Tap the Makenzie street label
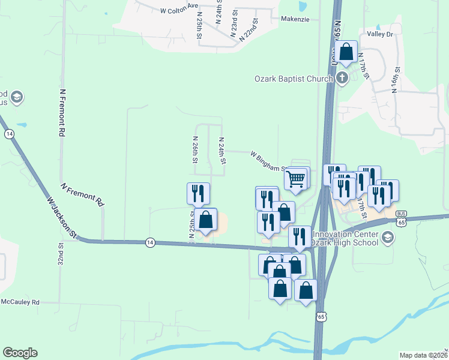[x=295, y=19]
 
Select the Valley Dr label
[x=379, y=35]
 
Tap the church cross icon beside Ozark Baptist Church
[x=342, y=78]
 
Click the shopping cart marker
[x=295, y=179]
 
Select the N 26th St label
[x=195, y=150]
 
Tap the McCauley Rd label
[x=20, y=302]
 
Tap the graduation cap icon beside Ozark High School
[x=388, y=238]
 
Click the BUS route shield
[x=402, y=214]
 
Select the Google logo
[x=20, y=353]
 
